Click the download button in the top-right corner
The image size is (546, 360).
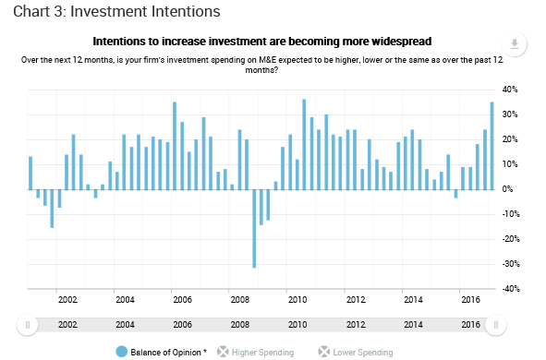pos(515,44)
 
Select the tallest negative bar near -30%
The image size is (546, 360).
pos(254,229)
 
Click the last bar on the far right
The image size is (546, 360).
pos(492,146)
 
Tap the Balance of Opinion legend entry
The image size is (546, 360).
pos(162,352)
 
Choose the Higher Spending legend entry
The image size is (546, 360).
pos(256,352)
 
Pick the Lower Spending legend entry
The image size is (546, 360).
pos(356,352)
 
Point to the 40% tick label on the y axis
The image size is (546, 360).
pos(510,90)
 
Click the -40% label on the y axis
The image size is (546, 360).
pos(511,289)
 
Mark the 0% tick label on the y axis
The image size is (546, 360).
pos(507,189)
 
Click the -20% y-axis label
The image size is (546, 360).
pos(511,239)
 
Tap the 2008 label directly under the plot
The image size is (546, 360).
pos(240,299)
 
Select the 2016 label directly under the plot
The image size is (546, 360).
pos(470,299)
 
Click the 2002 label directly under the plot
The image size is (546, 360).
pos(67,299)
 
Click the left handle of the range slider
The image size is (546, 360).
pos(28,325)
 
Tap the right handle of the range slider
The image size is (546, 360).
pos(496,325)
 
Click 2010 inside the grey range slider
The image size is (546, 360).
pos(297,325)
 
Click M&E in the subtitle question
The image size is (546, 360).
pos(267,60)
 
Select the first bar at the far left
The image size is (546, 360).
pos(30,174)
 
